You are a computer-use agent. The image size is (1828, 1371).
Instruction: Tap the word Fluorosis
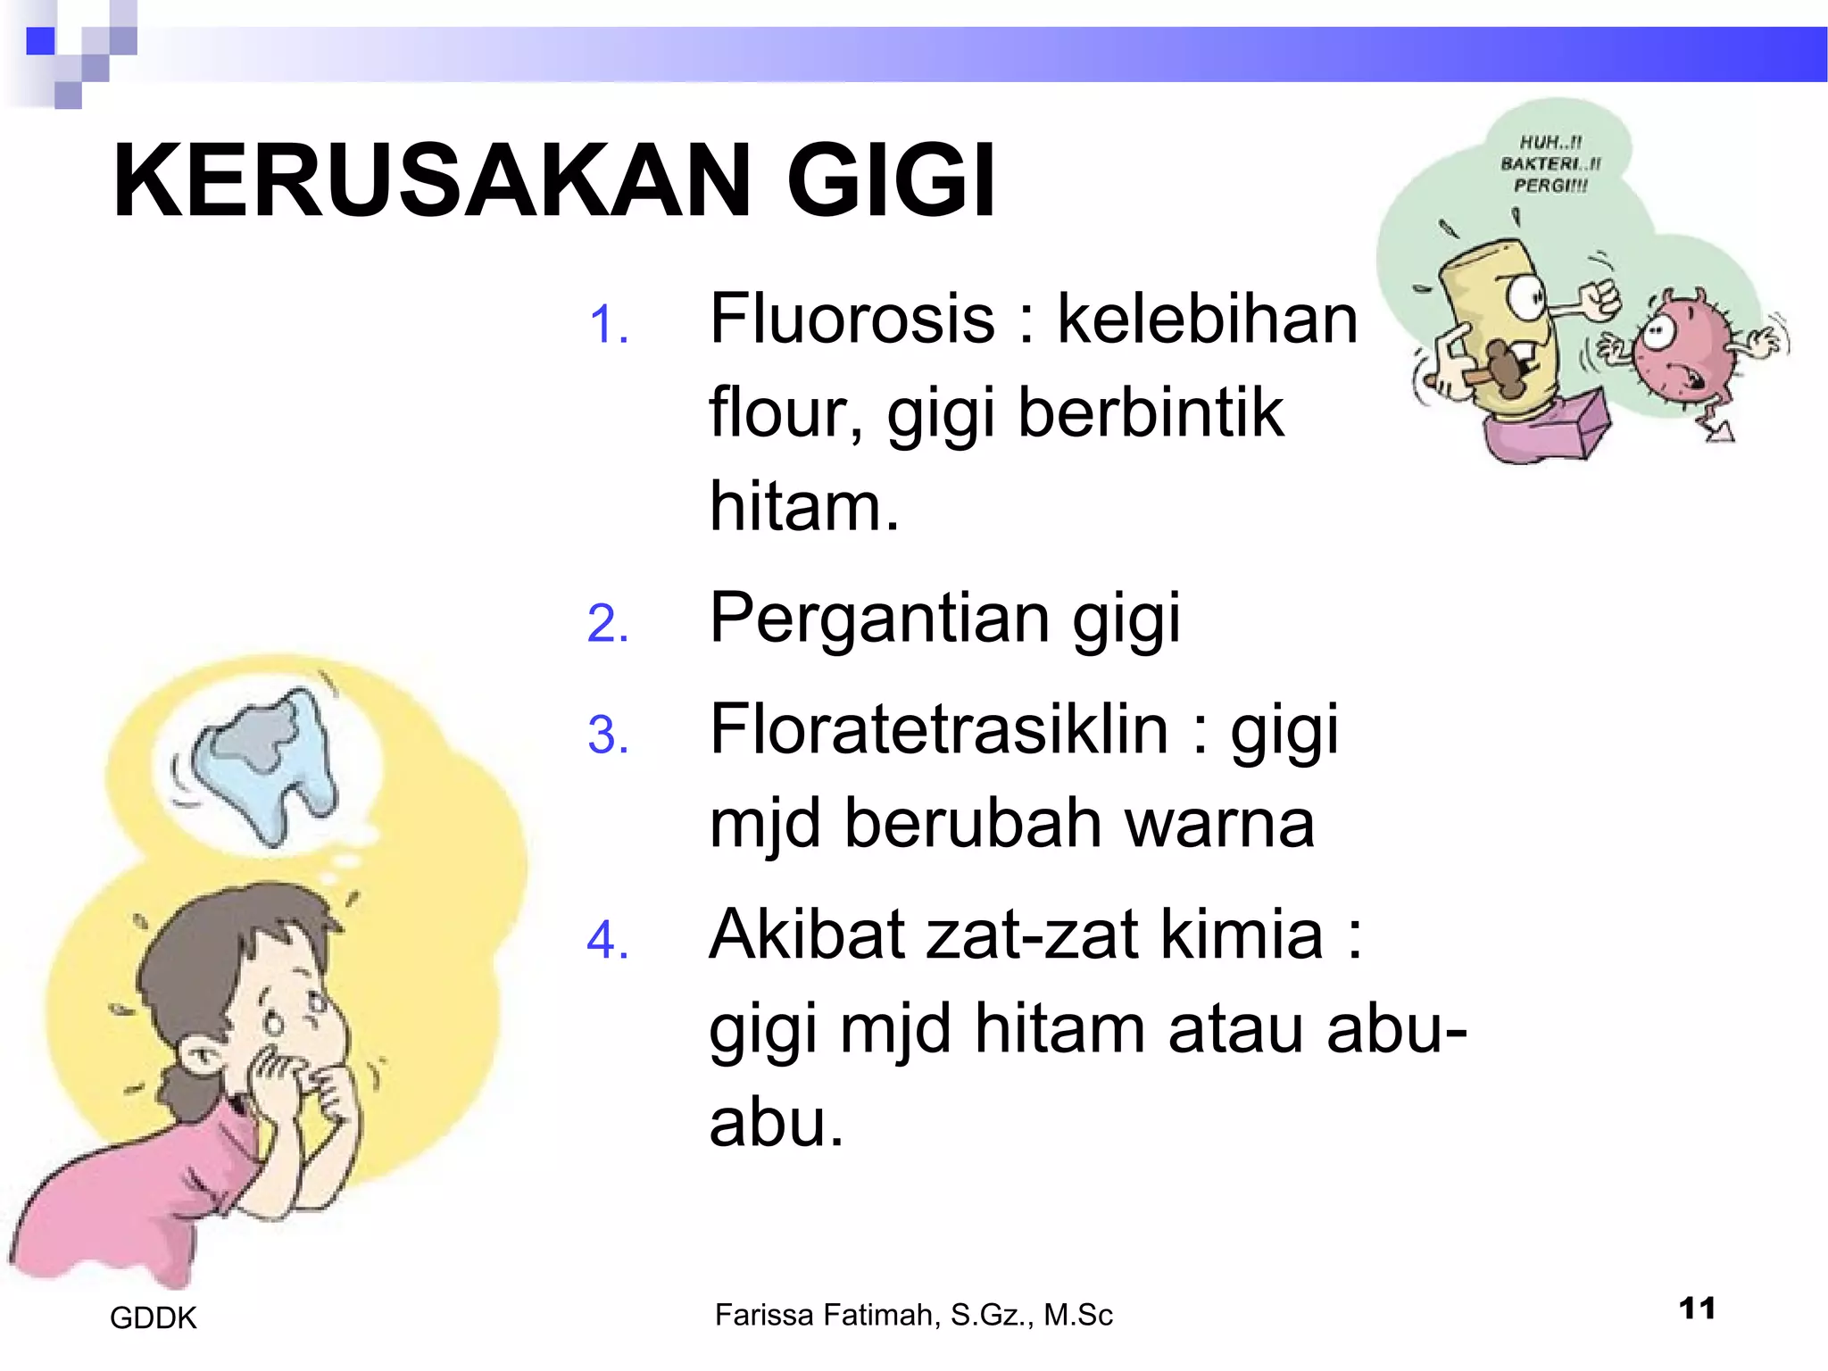852,320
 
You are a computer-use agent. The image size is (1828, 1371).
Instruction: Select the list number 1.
609,325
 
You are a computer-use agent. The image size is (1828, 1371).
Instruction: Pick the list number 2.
608,623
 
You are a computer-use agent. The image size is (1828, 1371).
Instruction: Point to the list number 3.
608,735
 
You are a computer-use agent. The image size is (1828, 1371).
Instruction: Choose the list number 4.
608,941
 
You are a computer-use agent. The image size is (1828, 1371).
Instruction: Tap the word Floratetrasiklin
938,730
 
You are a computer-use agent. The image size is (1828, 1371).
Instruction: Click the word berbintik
1151,413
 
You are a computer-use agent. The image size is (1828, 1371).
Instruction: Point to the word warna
1219,823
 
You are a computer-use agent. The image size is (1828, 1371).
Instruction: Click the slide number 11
1696,1309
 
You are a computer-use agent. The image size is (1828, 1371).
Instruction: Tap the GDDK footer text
153,1318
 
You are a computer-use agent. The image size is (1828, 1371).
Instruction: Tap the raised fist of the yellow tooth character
1597,300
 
